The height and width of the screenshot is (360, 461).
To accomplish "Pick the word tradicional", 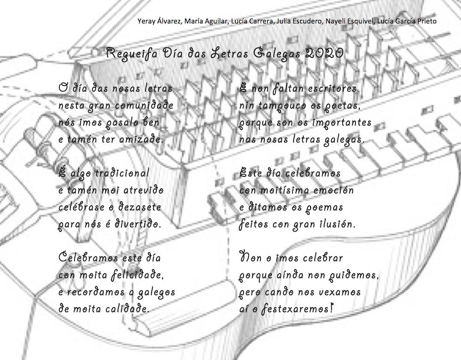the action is (122, 173).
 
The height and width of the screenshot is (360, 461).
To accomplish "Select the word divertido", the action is (137, 224).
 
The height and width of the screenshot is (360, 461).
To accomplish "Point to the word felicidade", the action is (138, 275).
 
